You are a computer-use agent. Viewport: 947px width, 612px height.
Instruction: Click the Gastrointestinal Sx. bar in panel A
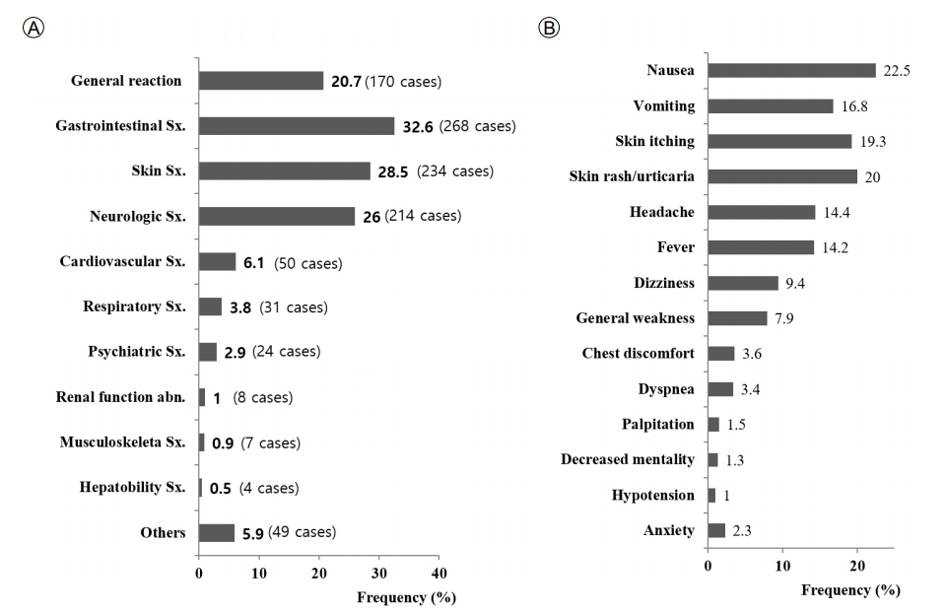click(297, 126)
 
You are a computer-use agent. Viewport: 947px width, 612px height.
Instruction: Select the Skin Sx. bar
click(285, 170)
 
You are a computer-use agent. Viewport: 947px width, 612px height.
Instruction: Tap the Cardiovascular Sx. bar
click(218, 261)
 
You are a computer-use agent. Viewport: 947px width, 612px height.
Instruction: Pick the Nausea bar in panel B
click(791, 70)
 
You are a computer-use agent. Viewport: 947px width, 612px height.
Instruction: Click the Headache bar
click(762, 212)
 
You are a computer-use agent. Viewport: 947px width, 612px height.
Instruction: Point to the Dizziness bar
click(743, 283)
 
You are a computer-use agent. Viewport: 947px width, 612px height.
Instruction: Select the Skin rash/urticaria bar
click(782, 176)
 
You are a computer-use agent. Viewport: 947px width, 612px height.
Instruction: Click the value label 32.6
click(418, 127)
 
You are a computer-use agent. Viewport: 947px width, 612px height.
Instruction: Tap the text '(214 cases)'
click(423, 216)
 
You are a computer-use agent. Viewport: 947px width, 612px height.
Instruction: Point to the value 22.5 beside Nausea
click(897, 71)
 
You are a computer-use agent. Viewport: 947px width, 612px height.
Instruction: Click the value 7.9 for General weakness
click(784, 318)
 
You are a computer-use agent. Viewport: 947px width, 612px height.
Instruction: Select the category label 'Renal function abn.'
click(121, 397)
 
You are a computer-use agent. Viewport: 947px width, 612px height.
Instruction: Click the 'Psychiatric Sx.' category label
click(137, 352)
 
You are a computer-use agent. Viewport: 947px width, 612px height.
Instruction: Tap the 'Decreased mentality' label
click(628, 460)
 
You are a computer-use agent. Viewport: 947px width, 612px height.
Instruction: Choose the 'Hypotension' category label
click(653, 496)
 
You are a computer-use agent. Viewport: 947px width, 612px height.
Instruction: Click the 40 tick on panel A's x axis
click(440, 574)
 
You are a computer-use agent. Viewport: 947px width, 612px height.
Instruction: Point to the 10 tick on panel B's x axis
click(782, 566)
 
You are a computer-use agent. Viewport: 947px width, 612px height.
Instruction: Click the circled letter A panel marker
click(34, 28)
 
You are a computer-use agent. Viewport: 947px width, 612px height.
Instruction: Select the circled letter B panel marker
click(549, 28)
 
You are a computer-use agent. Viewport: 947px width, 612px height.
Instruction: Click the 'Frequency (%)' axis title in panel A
click(406, 597)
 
